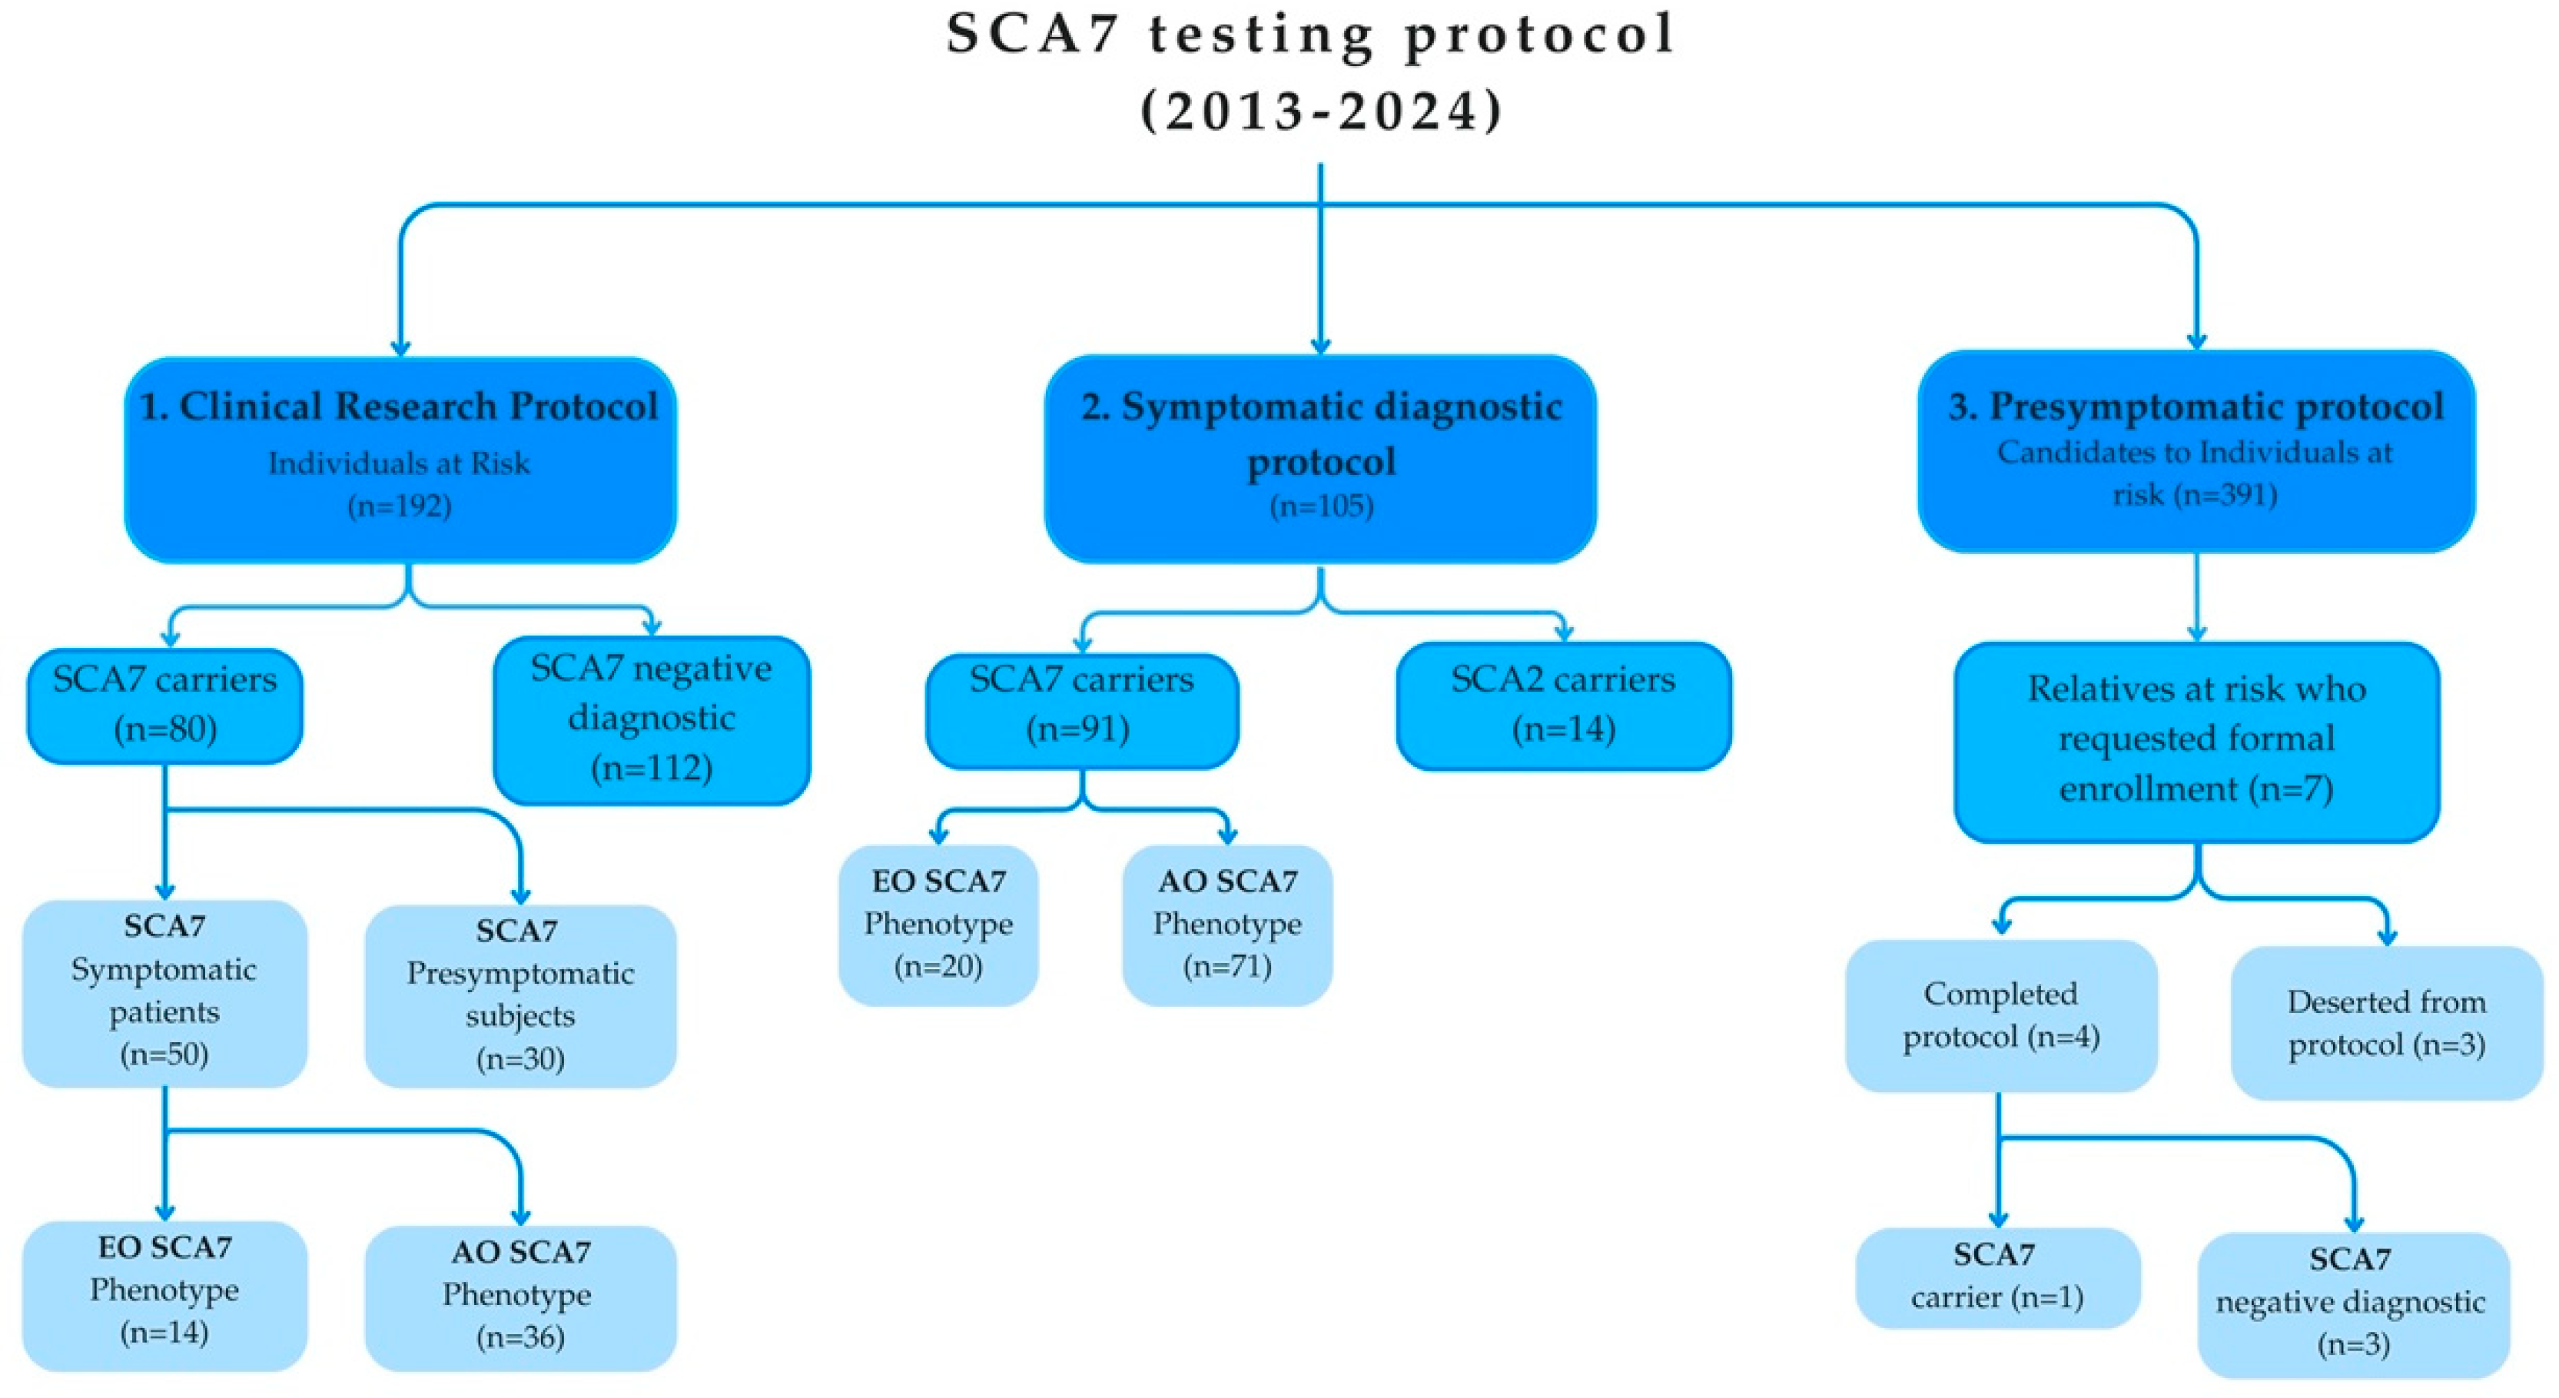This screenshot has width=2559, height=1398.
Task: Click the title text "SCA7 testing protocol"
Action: point(1311,35)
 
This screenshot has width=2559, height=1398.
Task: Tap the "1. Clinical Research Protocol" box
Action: point(400,459)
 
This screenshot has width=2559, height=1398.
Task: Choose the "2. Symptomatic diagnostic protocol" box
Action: point(1320,459)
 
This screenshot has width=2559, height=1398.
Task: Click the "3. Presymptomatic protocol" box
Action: point(2196,452)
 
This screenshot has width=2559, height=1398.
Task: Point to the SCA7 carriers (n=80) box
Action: point(165,706)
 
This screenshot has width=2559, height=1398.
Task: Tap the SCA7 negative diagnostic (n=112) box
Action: point(652,719)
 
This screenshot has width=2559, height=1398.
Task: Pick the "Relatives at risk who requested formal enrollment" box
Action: point(2196,741)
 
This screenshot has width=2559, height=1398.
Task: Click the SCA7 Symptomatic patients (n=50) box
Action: point(165,991)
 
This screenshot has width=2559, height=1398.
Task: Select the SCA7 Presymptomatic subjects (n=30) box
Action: point(519,995)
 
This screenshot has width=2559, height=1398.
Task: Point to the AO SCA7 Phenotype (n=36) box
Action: point(519,1297)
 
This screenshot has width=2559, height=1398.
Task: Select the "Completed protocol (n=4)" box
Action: point(2001,1015)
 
